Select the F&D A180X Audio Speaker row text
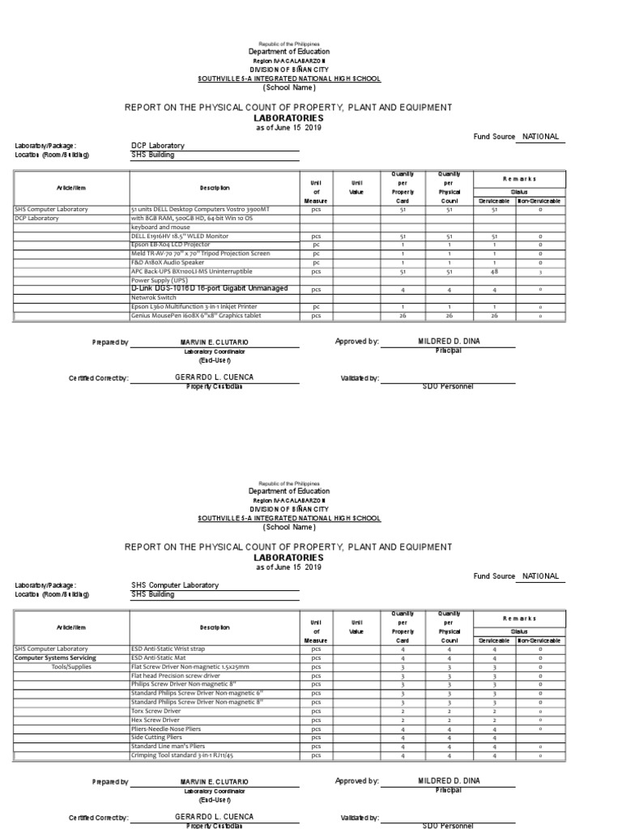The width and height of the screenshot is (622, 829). point(166,262)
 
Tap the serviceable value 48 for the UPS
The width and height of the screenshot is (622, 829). point(494,271)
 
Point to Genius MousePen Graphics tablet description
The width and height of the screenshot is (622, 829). point(198,316)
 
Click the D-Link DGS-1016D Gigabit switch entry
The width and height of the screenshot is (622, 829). point(209,288)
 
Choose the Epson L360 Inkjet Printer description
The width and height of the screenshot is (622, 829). point(194,307)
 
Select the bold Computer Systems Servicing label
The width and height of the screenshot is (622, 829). point(55,657)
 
